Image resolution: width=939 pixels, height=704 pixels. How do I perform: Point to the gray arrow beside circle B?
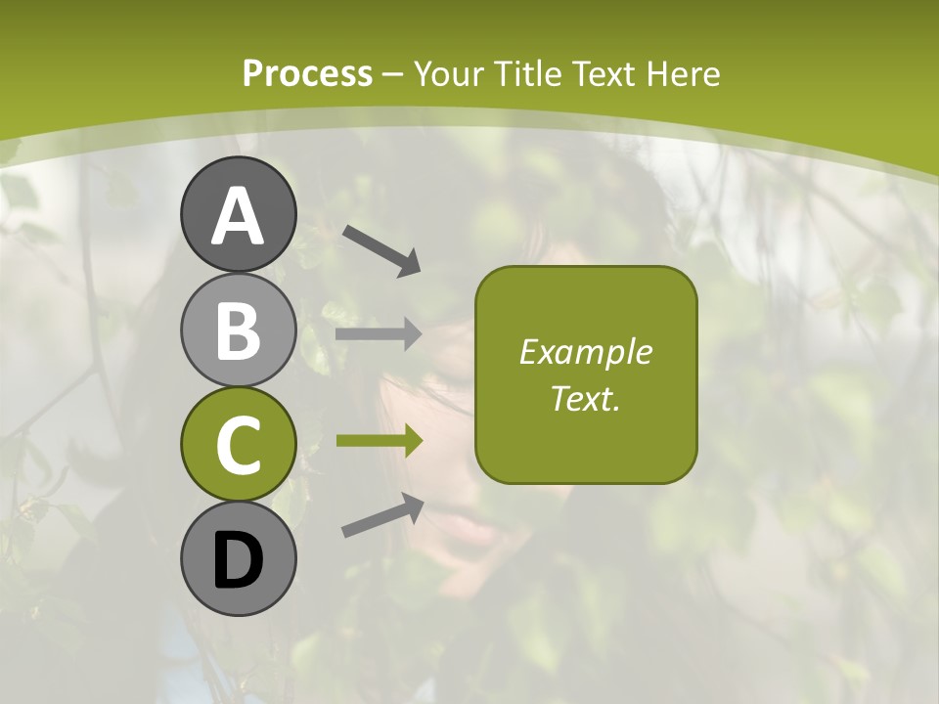(x=379, y=334)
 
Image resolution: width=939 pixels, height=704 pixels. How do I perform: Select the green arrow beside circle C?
(x=379, y=441)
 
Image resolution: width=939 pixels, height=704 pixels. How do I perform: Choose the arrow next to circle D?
(x=381, y=515)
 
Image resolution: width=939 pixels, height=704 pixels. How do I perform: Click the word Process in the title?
(x=307, y=74)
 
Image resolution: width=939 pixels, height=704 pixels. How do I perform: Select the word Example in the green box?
(x=586, y=352)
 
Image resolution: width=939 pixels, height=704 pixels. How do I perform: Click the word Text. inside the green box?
(x=586, y=398)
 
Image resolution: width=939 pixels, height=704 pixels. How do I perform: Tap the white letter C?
(x=238, y=445)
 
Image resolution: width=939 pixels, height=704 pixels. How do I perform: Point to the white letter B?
(x=238, y=330)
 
